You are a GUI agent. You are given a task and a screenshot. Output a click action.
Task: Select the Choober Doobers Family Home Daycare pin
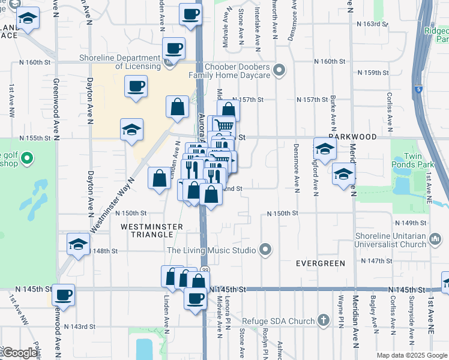coord(279,71)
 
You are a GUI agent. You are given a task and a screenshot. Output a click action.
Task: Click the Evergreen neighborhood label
coord(321,263)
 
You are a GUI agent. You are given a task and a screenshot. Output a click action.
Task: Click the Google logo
coord(20,353)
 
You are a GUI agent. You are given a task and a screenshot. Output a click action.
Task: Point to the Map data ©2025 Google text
coord(411,355)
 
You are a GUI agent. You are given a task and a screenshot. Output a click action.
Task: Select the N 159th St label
coord(373,73)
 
